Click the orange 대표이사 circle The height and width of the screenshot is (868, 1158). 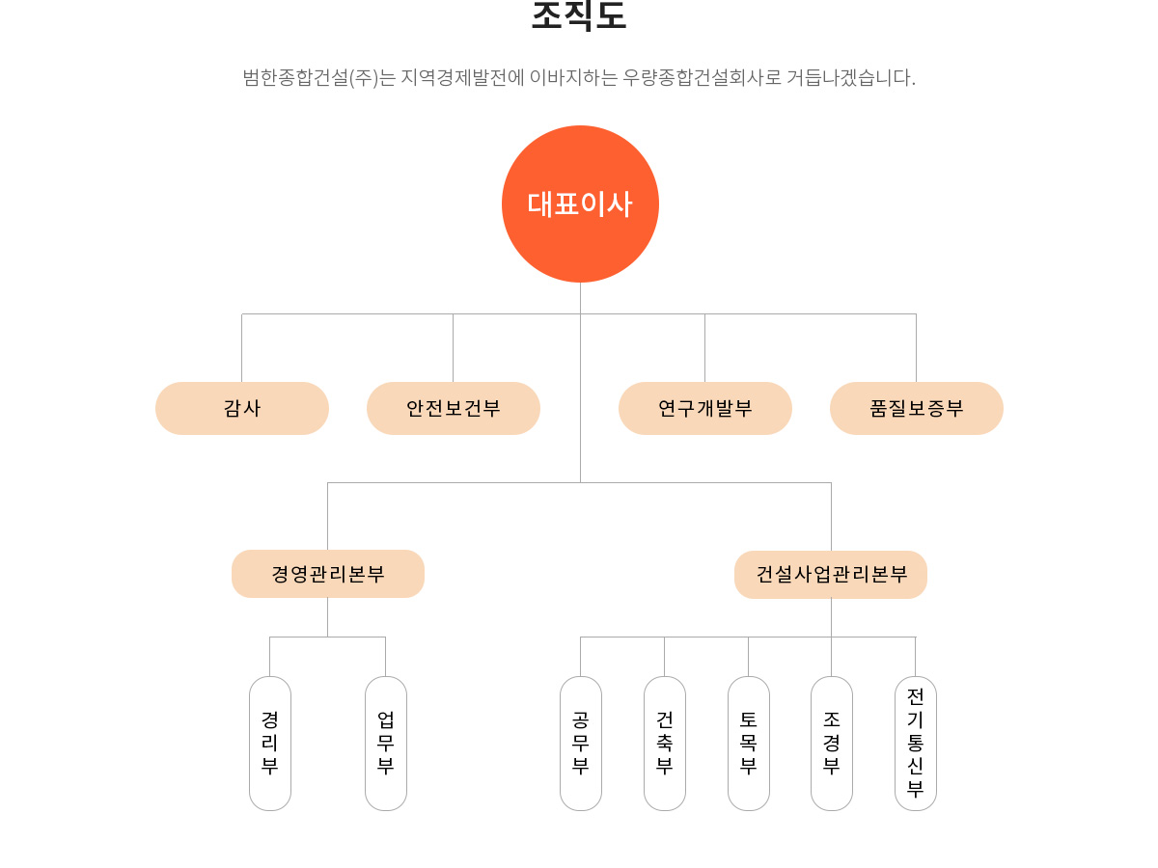(x=580, y=203)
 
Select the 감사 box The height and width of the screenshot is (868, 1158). (x=242, y=408)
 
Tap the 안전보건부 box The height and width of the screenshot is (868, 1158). (x=454, y=408)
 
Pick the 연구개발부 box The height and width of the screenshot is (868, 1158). (x=705, y=408)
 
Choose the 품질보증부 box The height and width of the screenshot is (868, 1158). (x=917, y=408)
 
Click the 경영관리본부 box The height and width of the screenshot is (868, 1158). (x=328, y=574)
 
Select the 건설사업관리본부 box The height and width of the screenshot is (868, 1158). (x=831, y=575)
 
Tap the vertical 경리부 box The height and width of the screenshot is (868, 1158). (x=270, y=743)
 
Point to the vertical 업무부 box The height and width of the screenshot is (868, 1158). (x=386, y=743)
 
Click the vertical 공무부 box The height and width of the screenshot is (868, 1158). (x=581, y=743)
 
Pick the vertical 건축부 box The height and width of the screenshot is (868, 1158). (x=665, y=743)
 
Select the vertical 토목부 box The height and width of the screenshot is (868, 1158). (x=749, y=743)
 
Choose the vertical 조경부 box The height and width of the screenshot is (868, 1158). (x=832, y=743)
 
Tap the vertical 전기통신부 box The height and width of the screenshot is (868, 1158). (x=916, y=743)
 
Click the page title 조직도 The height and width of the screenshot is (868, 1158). (x=579, y=15)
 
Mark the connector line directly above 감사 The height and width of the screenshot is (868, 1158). (x=241, y=347)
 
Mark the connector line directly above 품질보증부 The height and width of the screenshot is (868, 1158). (x=916, y=347)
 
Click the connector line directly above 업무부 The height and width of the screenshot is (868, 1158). (x=385, y=656)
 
